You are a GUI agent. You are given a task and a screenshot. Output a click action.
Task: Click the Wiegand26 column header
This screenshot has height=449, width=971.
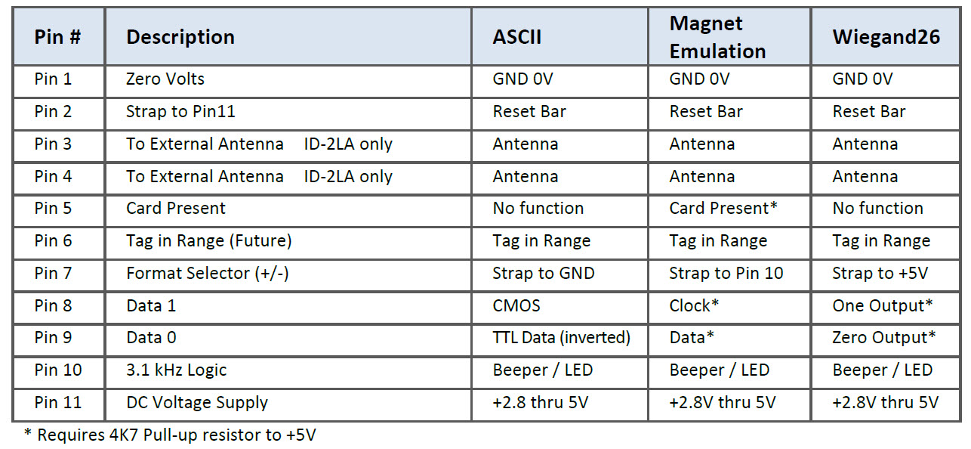(886, 37)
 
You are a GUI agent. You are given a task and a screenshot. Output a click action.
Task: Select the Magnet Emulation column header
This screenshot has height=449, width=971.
(717, 37)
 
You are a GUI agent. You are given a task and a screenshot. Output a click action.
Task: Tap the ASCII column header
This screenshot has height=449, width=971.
(516, 37)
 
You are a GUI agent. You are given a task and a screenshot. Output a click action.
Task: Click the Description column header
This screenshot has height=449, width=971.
(180, 37)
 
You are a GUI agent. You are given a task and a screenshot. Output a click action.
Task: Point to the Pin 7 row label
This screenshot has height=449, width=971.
(53, 274)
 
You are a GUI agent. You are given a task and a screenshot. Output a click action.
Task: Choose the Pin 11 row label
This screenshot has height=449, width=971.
(57, 403)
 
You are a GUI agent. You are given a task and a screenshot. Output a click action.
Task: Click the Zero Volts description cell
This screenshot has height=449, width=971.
(165, 79)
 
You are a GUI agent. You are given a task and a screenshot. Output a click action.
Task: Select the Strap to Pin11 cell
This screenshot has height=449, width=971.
(180, 111)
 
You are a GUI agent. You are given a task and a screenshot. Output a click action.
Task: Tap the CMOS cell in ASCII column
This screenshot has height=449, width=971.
(516, 306)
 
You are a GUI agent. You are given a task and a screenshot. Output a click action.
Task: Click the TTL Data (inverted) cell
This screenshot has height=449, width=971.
(561, 338)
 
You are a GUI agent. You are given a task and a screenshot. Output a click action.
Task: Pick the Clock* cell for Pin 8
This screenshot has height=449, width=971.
(694, 306)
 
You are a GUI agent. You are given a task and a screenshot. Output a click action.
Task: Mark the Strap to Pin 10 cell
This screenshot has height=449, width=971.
(726, 274)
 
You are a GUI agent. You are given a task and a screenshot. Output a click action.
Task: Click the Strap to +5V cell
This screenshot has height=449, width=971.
(880, 274)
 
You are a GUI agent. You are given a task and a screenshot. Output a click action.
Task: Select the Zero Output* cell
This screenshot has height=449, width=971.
(884, 338)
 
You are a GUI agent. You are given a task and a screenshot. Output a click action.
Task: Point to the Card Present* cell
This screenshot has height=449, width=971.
(723, 209)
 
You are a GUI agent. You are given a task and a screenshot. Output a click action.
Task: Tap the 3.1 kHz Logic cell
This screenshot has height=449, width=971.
(176, 370)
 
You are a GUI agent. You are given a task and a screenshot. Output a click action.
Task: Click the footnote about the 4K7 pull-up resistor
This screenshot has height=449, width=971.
(171, 435)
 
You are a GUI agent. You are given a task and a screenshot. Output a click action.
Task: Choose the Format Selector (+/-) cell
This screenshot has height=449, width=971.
(207, 274)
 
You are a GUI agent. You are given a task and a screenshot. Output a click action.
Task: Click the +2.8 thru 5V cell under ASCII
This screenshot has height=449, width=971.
(540, 403)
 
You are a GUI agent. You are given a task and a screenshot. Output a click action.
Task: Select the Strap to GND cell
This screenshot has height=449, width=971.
(543, 274)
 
